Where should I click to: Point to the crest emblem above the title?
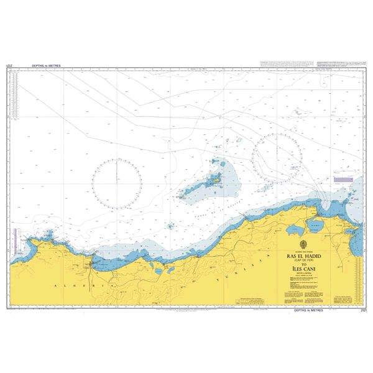tap(303, 245)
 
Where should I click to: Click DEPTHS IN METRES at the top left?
tap(39, 65)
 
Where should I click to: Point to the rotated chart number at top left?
tap(9, 65)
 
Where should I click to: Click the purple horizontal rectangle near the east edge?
tap(343, 179)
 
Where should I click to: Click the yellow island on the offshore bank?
tap(215, 181)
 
